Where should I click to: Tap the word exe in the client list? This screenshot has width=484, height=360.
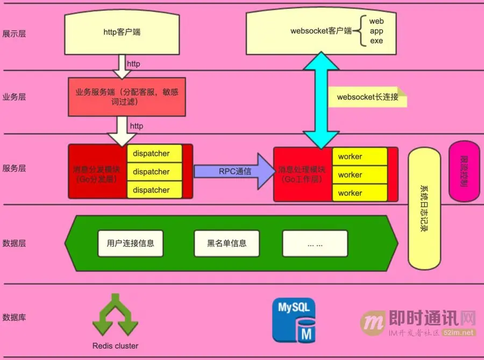pyautogui.click(x=376, y=41)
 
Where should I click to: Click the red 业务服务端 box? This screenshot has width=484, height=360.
pyautogui.click(x=127, y=97)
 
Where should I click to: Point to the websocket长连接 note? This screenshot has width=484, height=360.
pyautogui.click(x=368, y=97)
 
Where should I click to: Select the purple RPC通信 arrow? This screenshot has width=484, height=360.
pyautogui.click(x=234, y=172)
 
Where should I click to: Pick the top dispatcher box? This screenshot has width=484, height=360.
pyautogui.click(x=151, y=154)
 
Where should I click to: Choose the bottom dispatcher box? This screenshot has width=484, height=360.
pyautogui.click(x=151, y=190)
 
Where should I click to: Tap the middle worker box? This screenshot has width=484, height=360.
pyautogui.click(x=350, y=175)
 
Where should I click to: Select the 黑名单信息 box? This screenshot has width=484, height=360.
pyautogui.click(x=226, y=243)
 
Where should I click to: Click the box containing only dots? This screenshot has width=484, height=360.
pyautogui.click(x=315, y=243)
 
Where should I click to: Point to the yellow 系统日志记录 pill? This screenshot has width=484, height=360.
pyautogui.click(x=424, y=209)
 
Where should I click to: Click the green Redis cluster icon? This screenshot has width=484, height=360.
pyautogui.click(x=115, y=316)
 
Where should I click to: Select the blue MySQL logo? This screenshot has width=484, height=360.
pyautogui.click(x=294, y=320)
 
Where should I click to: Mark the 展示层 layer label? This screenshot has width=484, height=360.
pyautogui.click(x=15, y=34)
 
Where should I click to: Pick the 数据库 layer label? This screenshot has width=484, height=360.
pyautogui.click(x=15, y=317)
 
